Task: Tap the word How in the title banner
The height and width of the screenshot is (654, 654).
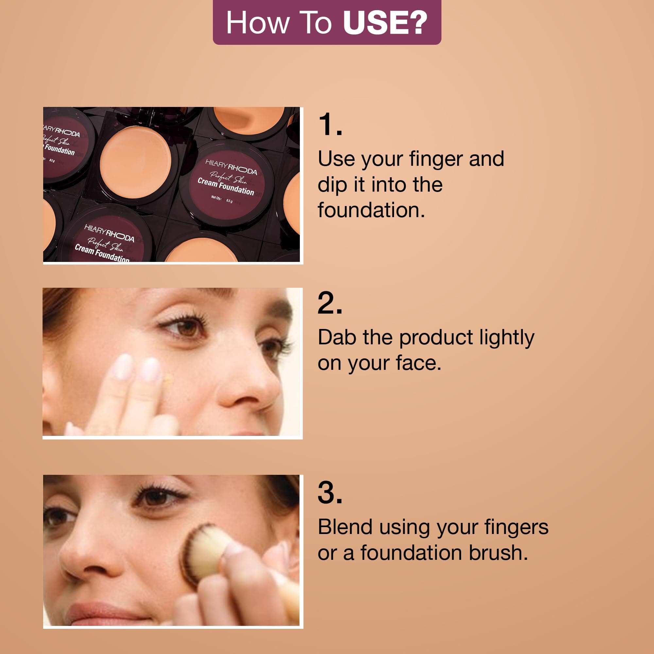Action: coord(258,23)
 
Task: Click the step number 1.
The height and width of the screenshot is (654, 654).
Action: coord(330,124)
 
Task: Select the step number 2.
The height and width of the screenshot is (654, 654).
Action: coord(330,303)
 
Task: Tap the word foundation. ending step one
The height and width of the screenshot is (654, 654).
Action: coord(371,210)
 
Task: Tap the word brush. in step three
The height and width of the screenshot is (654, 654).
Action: coord(498,553)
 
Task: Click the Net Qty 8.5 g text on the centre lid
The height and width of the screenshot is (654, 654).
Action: coord(222,199)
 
